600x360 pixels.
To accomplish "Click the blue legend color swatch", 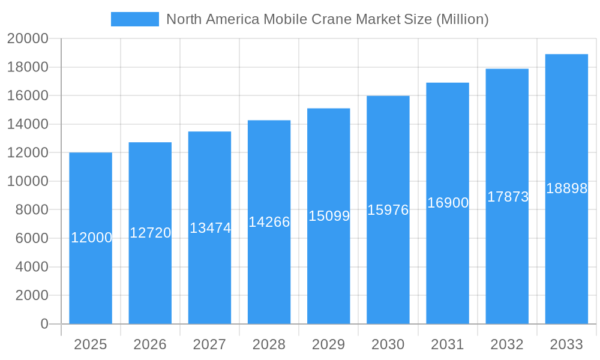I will click(x=135, y=19).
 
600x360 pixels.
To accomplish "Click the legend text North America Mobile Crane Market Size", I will click(x=327, y=19).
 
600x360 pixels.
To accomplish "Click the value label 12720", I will click(x=151, y=233).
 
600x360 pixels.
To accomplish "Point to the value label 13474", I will click(x=210, y=228).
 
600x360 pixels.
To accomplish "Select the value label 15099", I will click(x=329, y=216).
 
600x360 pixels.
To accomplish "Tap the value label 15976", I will click(x=388, y=210).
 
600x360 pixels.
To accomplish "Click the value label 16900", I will click(x=448, y=203).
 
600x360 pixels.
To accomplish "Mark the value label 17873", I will click(x=508, y=197).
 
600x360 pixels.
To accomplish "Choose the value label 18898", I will click(x=566, y=188).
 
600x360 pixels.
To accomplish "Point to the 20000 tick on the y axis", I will click(x=28, y=38).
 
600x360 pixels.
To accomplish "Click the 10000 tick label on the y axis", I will click(x=28, y=181).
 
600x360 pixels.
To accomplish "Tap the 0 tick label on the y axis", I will click(x=44, y=324).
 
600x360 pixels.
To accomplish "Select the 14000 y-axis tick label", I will click(x=28, y=124).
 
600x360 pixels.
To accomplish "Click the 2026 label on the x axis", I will click(x=150, y=344).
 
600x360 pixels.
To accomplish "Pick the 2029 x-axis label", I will click(x=329, y=344).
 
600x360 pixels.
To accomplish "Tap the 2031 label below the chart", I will click(x=448, y=344).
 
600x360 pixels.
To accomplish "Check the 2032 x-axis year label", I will click(x=507, y=344).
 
